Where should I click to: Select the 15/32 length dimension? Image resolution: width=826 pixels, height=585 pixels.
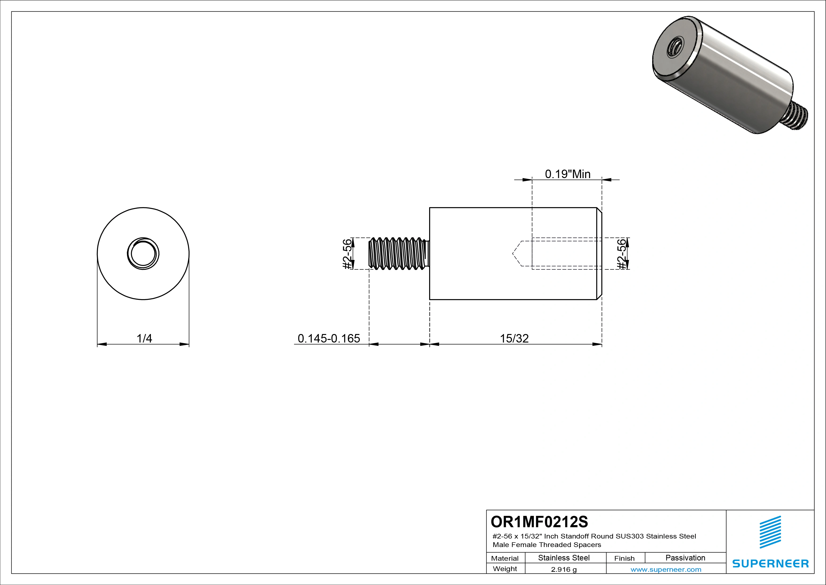point(514,338)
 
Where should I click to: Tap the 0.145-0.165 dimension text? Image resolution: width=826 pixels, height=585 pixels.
point(329,338)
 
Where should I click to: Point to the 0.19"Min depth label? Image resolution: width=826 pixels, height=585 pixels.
point(567,174)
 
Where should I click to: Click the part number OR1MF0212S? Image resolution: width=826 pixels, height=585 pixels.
point(539,522)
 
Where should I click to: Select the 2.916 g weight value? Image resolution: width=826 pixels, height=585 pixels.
point(564,569)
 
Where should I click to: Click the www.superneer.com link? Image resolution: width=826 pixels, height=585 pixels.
point(666,569)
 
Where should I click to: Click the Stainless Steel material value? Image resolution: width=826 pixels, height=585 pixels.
point(564,558)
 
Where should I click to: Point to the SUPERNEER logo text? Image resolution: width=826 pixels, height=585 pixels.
point(770,563)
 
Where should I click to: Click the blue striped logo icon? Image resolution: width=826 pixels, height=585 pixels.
point(770,532)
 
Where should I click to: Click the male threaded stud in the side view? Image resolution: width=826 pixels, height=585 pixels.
point(399,254)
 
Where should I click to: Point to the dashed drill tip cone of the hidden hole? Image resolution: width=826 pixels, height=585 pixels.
point(517,254)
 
